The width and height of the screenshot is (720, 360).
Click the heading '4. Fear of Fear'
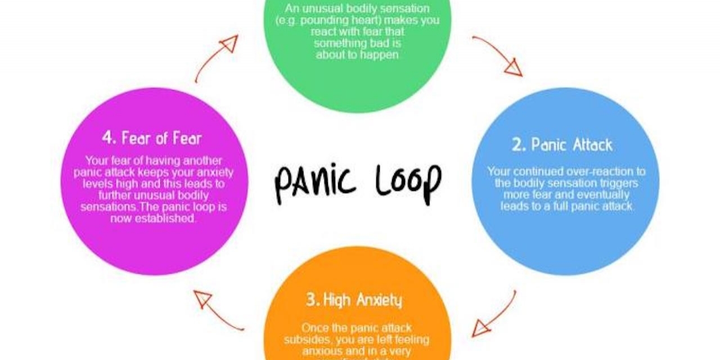[152, 138]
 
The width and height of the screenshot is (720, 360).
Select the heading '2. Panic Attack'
[562, 145]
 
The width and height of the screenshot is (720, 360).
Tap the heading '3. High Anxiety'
[354, 300]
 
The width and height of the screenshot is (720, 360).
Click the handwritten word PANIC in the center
[315, 182]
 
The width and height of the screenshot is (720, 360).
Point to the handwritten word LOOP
[407, 181]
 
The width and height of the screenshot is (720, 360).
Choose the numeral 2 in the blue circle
[517, 145]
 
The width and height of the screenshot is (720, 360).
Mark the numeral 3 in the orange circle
[311, 300]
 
